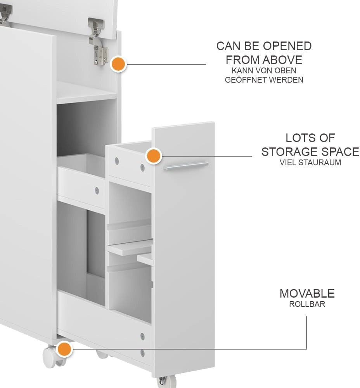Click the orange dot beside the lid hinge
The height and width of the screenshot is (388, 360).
tap(119, 64)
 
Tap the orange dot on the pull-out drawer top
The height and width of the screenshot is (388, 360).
tap(154, 156)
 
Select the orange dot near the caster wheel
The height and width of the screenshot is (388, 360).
tap(64, 349)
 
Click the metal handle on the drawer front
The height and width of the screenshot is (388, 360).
tap(185, 166)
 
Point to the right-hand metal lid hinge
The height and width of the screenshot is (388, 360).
tap(99, 42)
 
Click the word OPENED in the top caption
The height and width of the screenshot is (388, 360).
tap(287, 46)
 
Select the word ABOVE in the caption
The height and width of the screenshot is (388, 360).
tap(282, 60)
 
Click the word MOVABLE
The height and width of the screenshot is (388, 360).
tap(307, 293)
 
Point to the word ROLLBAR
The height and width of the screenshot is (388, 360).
tap(307, 304)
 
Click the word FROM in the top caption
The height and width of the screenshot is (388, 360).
tap(243, 60)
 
